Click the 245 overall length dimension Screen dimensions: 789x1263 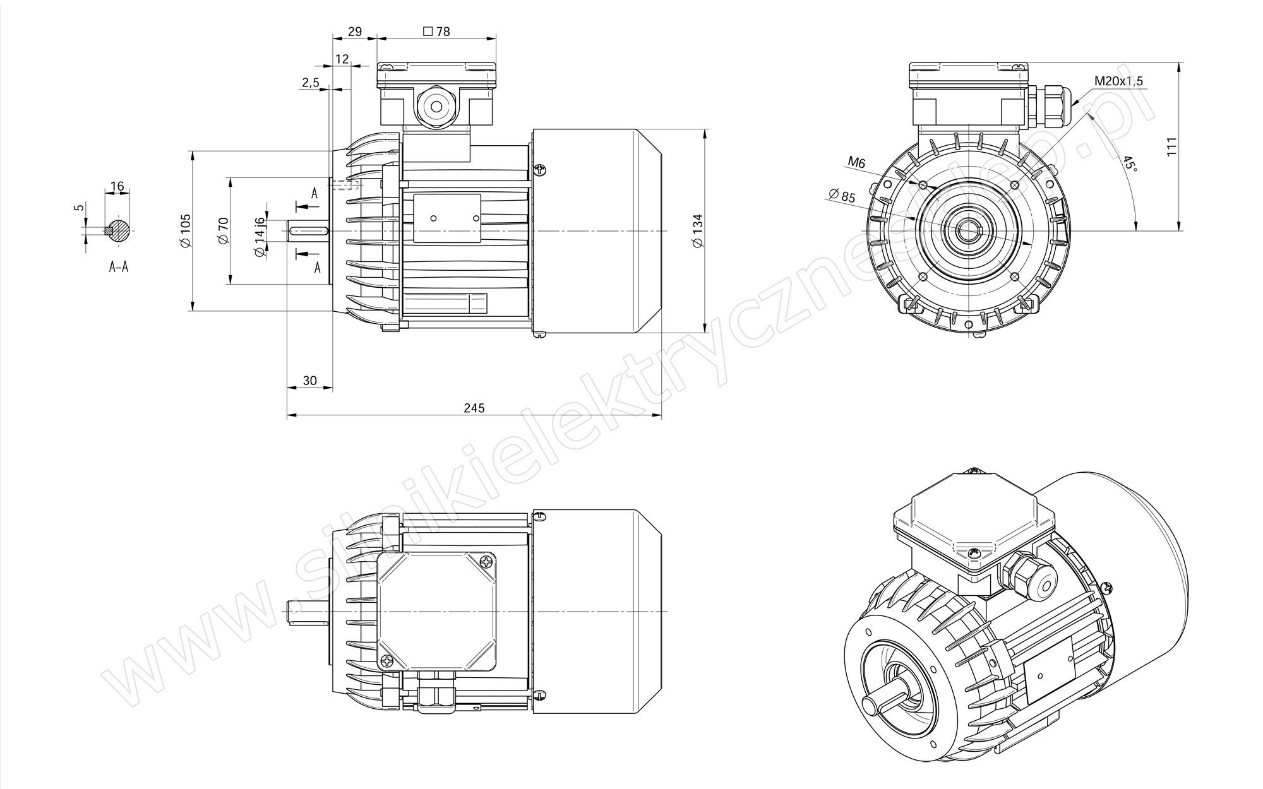(x=474, y=408)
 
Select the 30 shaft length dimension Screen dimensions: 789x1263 (x=309, y=381)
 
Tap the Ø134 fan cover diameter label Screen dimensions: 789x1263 (x=697, y=231)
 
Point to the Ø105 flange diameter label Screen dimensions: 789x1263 (x=185, y=231)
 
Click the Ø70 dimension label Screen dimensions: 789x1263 (x=222, y=231)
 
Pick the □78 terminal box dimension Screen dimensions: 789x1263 (x=436, y=32)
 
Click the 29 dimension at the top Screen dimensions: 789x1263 (x=355, y=32)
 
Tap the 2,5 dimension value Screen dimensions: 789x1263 (x=310, y=83)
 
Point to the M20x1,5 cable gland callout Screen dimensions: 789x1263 (x=1118, y=81)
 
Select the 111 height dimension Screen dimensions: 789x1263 (x=1172, y=146)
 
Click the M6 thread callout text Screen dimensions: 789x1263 (x=856, y=163)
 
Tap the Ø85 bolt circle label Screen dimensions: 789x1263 (x=842, y=196)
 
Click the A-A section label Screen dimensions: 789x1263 (x=118, y=267)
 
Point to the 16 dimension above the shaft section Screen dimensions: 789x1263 (x=117, y=187)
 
